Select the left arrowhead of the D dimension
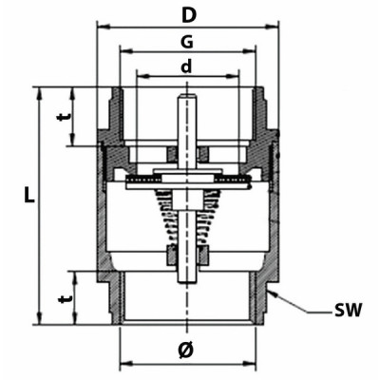(101, 27)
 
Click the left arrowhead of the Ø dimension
(123, 364)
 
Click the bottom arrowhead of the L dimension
(39, 322)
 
